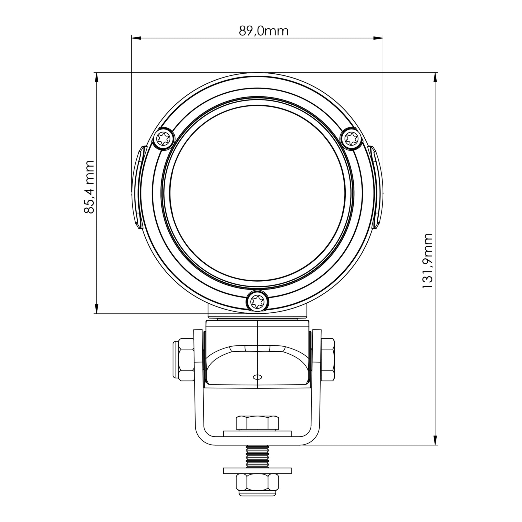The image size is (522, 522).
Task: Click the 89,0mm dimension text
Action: [264, 31]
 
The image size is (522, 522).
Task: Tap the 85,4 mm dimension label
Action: [89, 187]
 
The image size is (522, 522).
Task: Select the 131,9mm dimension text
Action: [427, 261]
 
